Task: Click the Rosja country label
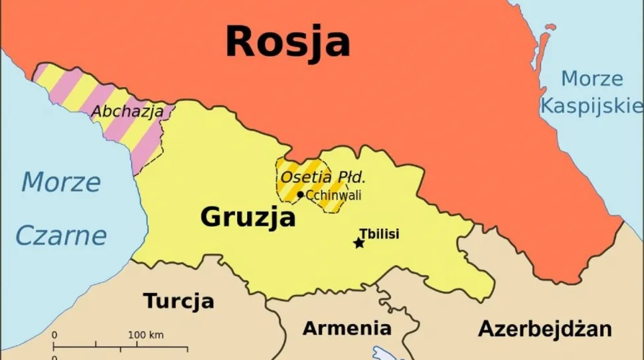tap(287, 41)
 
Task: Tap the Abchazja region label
tap(127, 112)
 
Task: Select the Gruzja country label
tap(248, 217)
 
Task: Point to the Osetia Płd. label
tap(323, 177)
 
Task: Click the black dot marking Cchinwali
tap(301, 195)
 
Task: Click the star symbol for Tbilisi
tap(359, 243)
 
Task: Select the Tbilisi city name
tap(379, 234)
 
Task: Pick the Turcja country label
tap(179, 301)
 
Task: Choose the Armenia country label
tap(347, 328)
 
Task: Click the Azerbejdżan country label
tap(544, 328)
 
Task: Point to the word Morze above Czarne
tap(61, 182)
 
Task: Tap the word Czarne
tap(61, 235)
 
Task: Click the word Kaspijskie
tap(592, 105)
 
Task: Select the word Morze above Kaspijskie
tap(592, 79)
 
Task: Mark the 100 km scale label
tap(146, 335)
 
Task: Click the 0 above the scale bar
tap(54, 335)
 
